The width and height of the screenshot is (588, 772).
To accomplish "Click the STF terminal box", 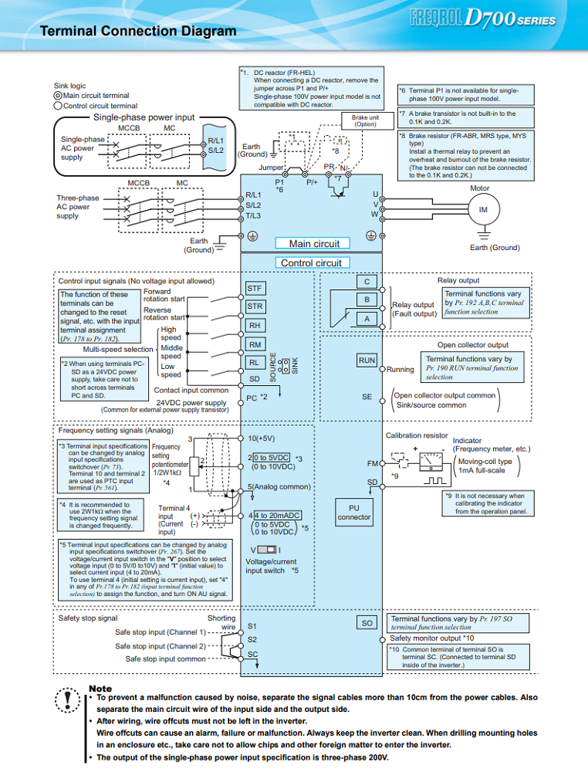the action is (255, 289).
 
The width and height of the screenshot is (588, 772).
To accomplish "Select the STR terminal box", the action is (255, 306).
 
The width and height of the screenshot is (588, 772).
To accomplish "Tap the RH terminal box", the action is (255, 326).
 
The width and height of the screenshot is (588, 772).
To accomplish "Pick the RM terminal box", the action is (255, 344).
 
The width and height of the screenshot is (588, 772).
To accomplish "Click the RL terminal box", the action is (255, 363).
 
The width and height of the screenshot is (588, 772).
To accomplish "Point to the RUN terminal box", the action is (367, 361).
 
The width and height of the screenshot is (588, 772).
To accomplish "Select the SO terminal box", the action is (367, 623).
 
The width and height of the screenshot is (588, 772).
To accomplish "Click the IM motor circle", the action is (483, 210).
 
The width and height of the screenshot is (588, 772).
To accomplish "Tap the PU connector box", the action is (353, 513).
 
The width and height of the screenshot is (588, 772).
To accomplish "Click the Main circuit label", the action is (313, 243).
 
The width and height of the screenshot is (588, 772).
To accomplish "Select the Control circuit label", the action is (311, 263).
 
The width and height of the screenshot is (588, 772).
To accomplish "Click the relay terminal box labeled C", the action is (367, 282).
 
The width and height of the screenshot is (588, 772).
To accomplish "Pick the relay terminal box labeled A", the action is (367, 319).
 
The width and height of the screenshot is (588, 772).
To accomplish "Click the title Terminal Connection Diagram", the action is (138, 31).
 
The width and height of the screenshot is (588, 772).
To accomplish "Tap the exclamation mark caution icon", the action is (67, 700).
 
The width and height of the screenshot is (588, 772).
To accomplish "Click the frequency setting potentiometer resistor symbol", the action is (194, 466).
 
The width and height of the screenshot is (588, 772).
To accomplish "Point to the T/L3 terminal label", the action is (253, 215).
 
